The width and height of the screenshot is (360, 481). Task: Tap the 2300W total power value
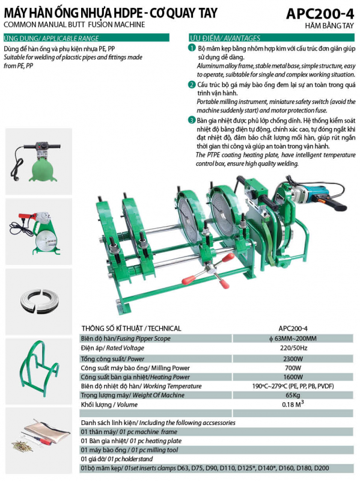pos(293,358)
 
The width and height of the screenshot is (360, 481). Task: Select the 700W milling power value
pos(293,367)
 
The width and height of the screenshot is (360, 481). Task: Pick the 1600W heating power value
pos(293,376)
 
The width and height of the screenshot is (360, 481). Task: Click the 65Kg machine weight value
pos(293,394)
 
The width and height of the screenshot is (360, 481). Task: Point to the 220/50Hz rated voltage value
pos(293,348)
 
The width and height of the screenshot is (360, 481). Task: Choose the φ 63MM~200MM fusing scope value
pos(293,339)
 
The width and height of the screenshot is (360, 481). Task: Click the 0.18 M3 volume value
pos(293,404)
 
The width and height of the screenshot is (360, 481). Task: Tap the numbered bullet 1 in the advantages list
pos(192,47)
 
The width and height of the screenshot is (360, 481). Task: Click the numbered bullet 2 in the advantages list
pos(192,84)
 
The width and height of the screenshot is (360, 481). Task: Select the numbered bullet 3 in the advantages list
pos(192,121)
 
